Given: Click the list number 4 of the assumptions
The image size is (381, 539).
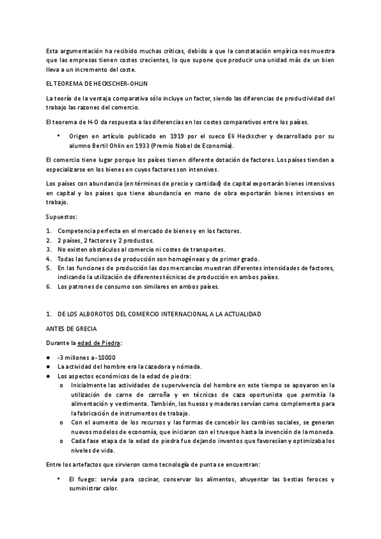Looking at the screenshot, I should (49, 258).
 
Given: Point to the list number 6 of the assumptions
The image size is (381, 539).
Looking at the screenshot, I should (49, 287).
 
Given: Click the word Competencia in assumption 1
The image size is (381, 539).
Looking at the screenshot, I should (77, 229).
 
